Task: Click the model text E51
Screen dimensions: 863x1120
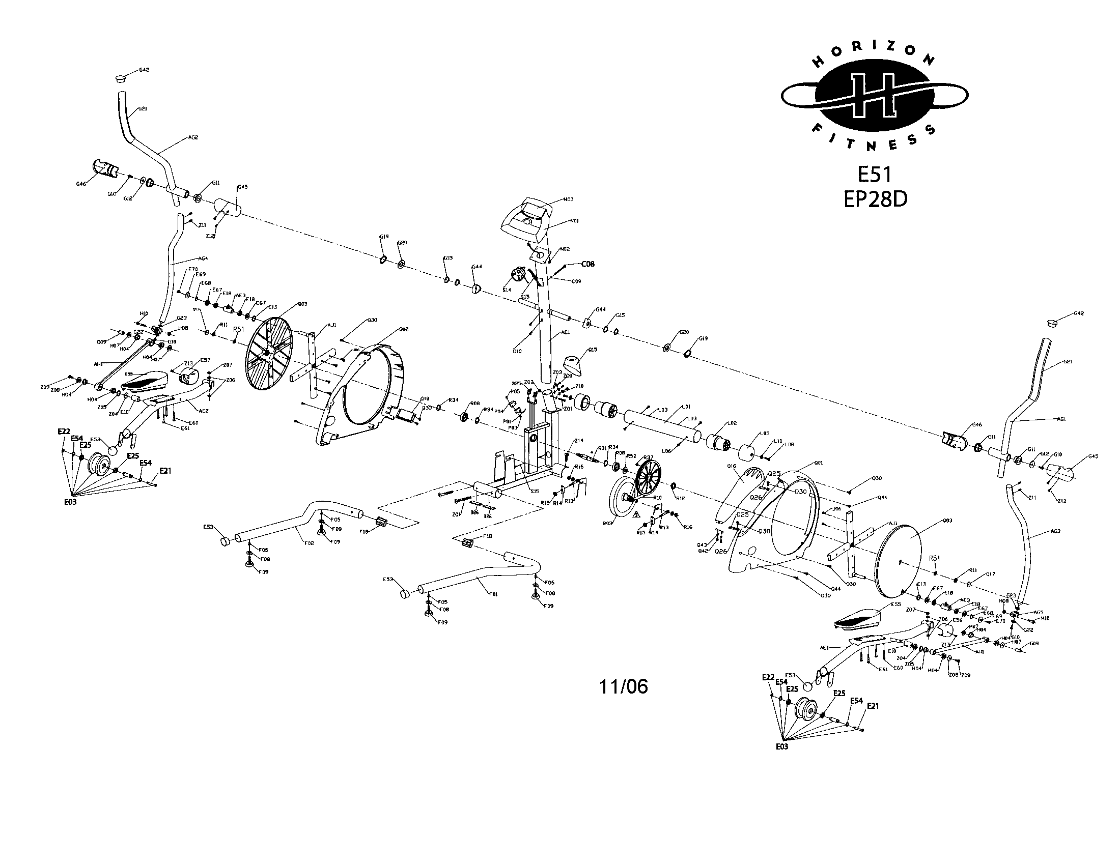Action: (x=875, y=175)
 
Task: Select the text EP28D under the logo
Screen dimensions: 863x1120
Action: (x=875, y=199)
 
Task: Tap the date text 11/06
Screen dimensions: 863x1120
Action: (x=624, y=687)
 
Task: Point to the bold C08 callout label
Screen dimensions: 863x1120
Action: (x=587, y=265)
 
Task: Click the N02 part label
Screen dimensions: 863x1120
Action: (x=564, y=249)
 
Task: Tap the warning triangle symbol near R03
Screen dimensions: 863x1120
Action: (x=636, y=513)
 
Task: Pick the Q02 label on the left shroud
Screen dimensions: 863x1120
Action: (x=403, y=329)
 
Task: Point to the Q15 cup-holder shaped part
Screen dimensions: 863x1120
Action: (x=576, y=365)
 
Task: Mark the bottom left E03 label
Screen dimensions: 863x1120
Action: (x=70, y=502)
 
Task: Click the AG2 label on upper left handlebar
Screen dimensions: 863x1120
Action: (x=193, y=137)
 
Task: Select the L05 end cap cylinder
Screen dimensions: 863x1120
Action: (x=750, y=452)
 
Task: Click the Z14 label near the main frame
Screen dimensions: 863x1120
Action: (x=578, y=440)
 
